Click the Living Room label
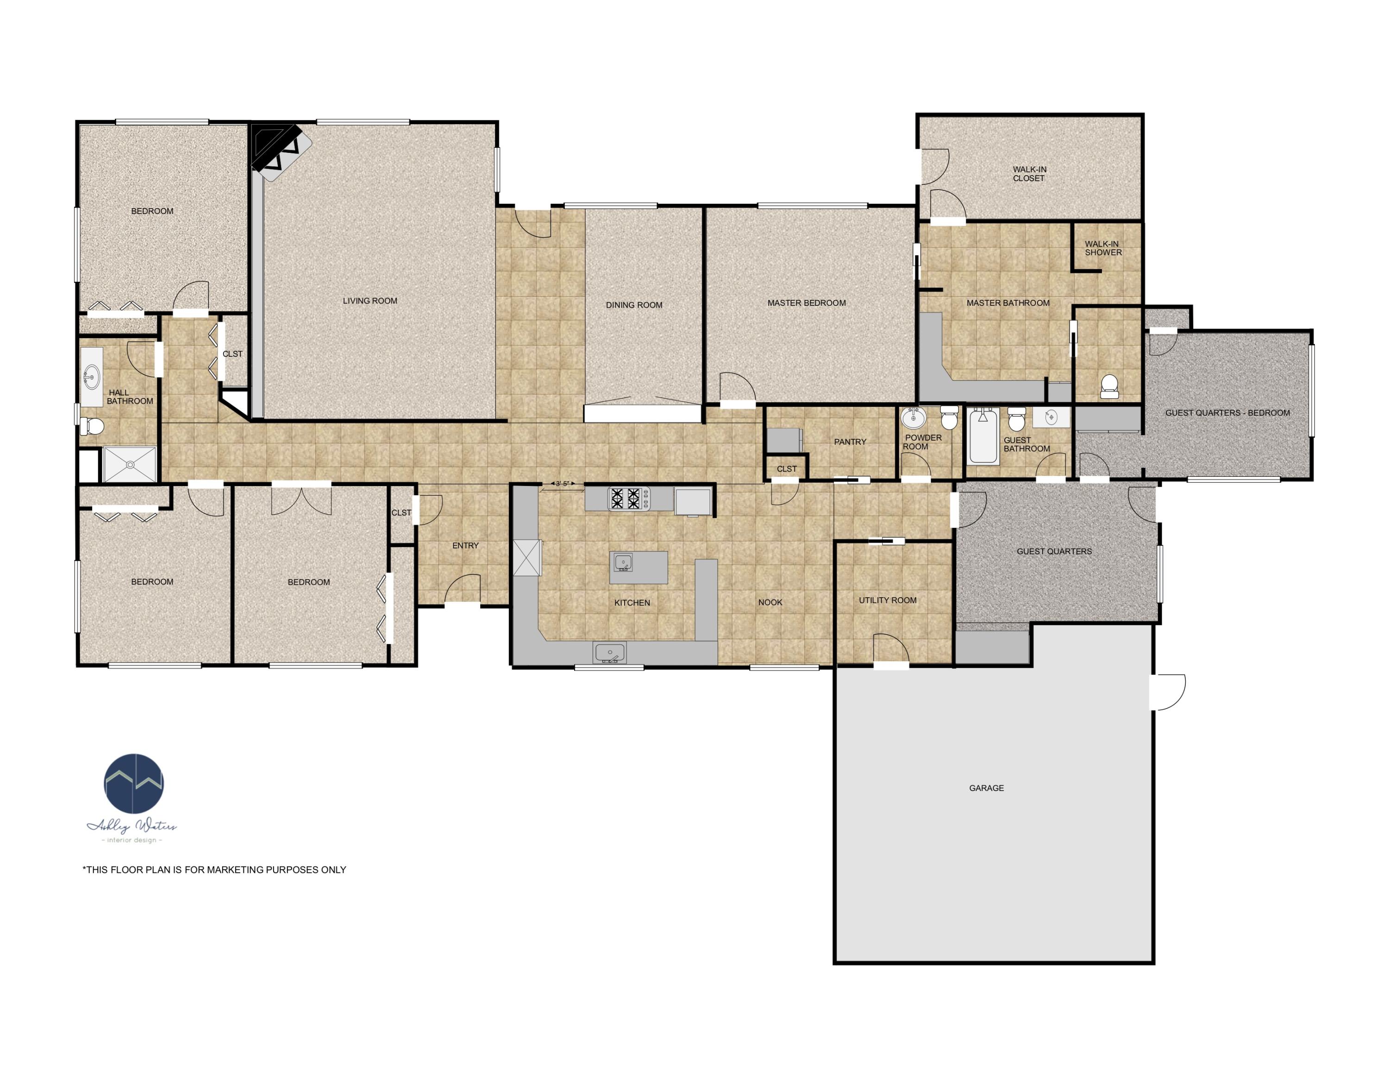click(369, 301)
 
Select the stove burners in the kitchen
click(628, 498)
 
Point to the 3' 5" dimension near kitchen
click(561, 484)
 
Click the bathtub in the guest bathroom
click(982, 437)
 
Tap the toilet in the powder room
click(949, 417)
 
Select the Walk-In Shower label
click(1103, 248)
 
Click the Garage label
click(986, 788)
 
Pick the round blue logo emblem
click(133, 784)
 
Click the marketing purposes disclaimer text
click(214, 870)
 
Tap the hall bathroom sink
click(92, 377)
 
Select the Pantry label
click(850, 442)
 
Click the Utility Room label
click(887, 600)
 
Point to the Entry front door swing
click(463, 588)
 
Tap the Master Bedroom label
click(807, 303)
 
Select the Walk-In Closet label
click(1029, 174)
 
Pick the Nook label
click(770, 602)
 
